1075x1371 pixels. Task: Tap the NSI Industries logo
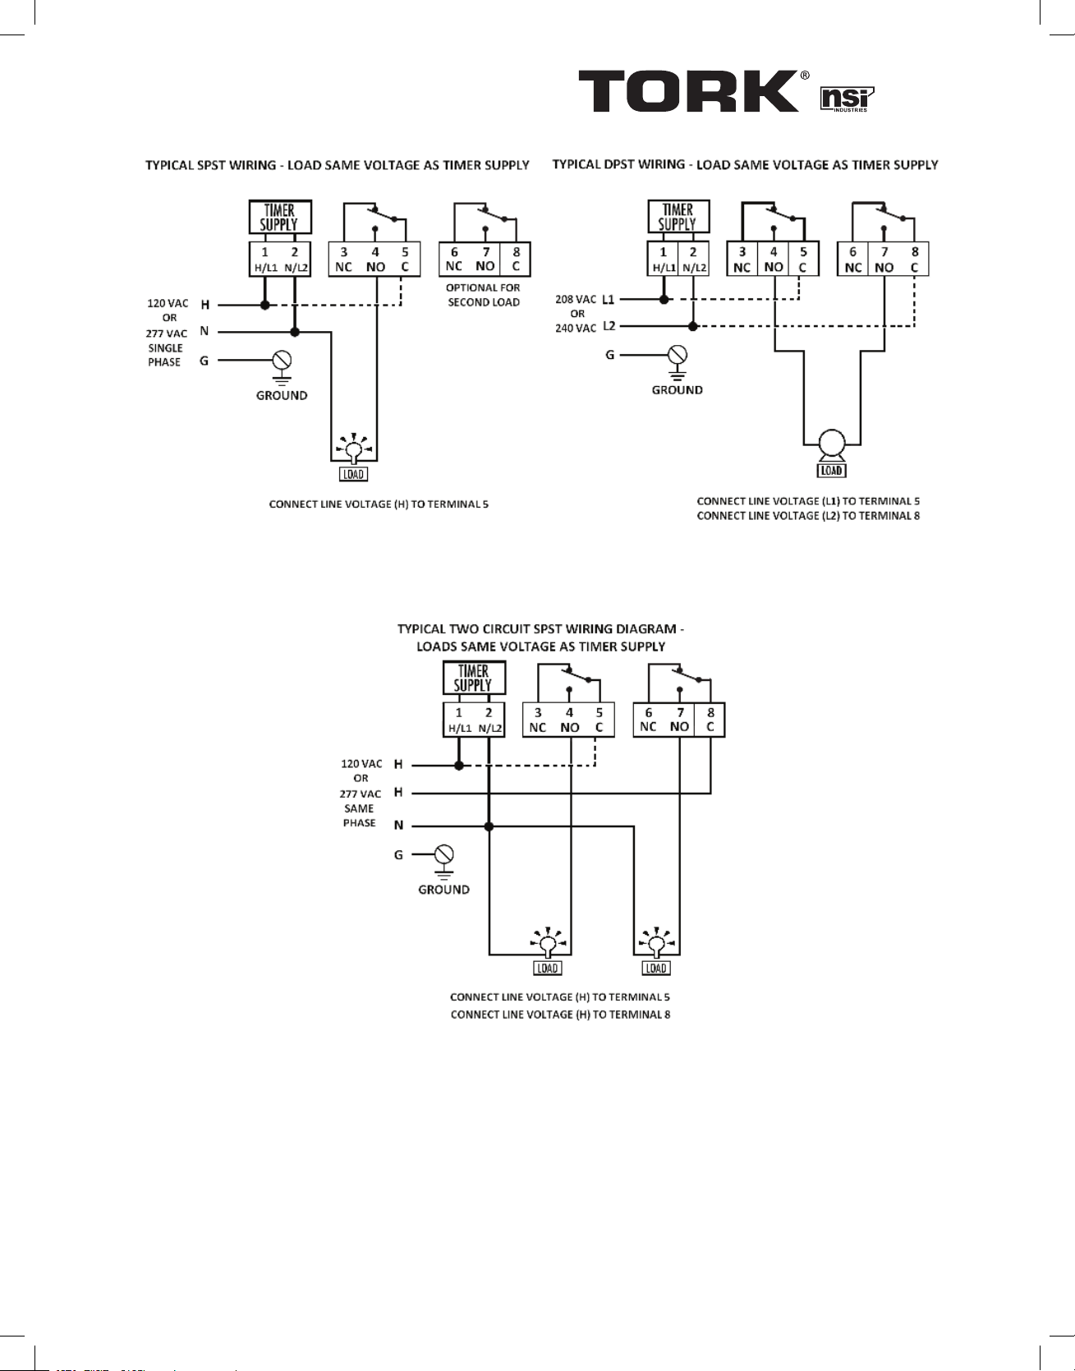tap(848, 99)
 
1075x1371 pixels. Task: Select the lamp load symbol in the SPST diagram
tap(354, 449)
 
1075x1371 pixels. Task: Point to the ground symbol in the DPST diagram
tap(678, 361)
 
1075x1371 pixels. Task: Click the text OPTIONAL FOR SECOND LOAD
tap(484, 295)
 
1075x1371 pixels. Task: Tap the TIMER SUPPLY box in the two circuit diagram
tap(474, 679)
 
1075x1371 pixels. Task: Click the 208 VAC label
tap(576, 299)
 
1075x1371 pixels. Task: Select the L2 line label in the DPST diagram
tap(609, 326)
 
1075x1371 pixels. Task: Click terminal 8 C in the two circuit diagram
tap(710, 720)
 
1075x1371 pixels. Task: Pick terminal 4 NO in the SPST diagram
tap(375, 259)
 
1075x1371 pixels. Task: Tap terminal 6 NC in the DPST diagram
tap(853, 259)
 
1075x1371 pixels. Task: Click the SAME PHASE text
tap(360, 816)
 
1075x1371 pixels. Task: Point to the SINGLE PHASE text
tap(165, 355)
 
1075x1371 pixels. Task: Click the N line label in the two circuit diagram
tap(398, 825)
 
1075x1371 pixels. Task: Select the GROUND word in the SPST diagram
tap(282, 395)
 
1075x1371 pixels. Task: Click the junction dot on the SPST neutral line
tap(295, 332)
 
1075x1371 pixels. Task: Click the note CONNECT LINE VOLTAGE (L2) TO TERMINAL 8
tap(808, 516)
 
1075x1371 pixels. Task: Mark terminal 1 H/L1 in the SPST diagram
tap(264, 259)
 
